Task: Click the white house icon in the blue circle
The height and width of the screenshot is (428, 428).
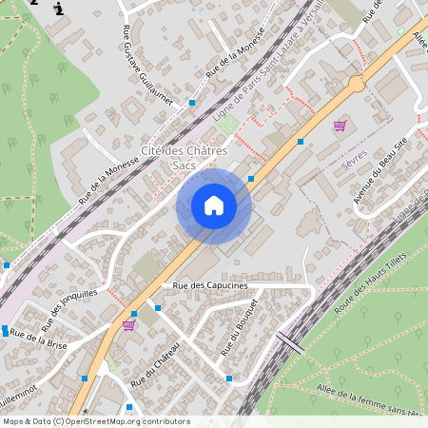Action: [x=214, y=205]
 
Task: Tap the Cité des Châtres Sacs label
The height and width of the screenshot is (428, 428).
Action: [x=184, y=158]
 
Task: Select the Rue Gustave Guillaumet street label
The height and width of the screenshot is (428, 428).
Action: [x=146, y=68]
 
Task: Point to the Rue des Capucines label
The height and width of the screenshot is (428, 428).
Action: [x=210, y=285]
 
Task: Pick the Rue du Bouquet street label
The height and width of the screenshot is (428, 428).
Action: [x=239, y=328]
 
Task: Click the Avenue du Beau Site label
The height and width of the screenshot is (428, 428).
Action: [x=380, y=170]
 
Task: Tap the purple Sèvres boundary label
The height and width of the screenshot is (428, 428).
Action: [x=353, y=164]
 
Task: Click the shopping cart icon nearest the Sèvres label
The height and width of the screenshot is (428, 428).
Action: [x=340, y=126]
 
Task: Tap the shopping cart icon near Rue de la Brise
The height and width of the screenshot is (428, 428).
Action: [x=128, y=324]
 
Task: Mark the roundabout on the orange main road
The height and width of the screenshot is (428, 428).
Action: [x=356, y=84]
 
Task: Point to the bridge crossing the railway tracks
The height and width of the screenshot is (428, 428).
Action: [x=290, y=343]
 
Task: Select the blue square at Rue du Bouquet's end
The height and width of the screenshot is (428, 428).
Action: [x=229, y=378]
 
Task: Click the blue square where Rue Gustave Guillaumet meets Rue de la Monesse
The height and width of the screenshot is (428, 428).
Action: [x=192, y=102]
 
